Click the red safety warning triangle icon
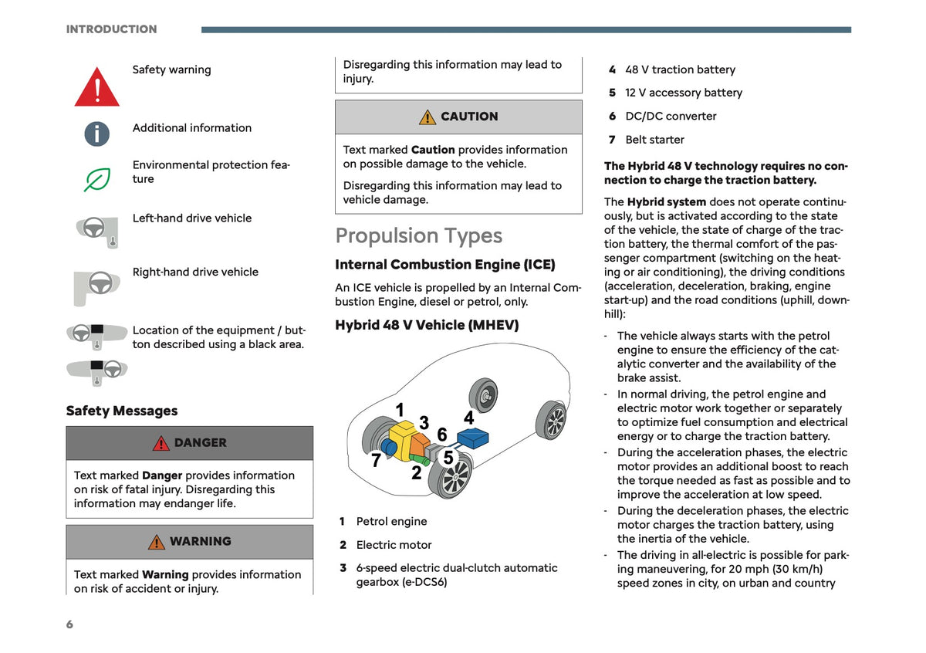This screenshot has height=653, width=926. [x=96, y=88]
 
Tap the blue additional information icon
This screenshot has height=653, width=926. [x=96, y=134]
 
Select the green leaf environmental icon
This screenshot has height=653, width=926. [x=97, y=180]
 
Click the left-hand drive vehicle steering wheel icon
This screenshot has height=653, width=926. [x=97, y=232]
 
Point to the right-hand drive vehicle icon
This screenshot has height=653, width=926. [x=96, y=288]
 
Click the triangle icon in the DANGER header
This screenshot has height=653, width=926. [x=161, y=443]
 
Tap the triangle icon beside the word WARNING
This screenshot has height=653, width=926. [x=156, y=542]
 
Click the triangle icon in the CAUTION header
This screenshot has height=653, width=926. [x=428, y=117]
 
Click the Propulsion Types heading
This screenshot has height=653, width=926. [x=418, y=235]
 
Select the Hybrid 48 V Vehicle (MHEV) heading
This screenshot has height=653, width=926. [x=427, y=325]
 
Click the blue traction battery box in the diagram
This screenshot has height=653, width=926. [x=472, y=438]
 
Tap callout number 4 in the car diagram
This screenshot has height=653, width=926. [x=468, y=418]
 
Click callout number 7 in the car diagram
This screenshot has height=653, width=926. [x=376, y=460]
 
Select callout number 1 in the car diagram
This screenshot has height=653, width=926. [x=400, y=410]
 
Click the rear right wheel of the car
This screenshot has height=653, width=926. [x=552, y=420]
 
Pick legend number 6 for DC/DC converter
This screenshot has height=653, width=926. [x=612, y=117]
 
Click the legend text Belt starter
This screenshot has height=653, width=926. [x=654, y=140]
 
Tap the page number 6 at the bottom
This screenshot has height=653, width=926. [x=69, y=624]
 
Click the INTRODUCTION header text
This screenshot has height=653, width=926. [x=112, y=29]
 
